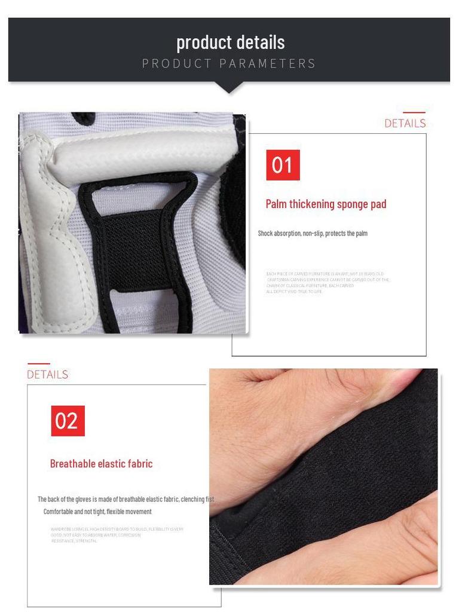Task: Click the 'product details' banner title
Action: (230, 42)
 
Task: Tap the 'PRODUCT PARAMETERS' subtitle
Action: (229, 63)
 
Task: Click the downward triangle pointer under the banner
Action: (228, 87)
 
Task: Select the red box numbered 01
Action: (283, 165)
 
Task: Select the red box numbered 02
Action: (68, 421)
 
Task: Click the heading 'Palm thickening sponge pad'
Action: (326, 204)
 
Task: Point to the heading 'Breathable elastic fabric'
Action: (101, 464)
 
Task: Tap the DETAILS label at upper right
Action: (405, 124)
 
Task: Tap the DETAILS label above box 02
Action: (47, 375)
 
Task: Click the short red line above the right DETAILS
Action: (414, 112)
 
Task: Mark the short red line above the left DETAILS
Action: (39, 363)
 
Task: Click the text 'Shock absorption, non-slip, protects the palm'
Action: (313, 234)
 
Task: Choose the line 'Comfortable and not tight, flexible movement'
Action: (97, 512)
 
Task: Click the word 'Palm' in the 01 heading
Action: (276, 204)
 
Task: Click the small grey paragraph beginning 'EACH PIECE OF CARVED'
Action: (327, 283)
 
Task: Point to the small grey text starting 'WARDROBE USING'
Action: (117, 535)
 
